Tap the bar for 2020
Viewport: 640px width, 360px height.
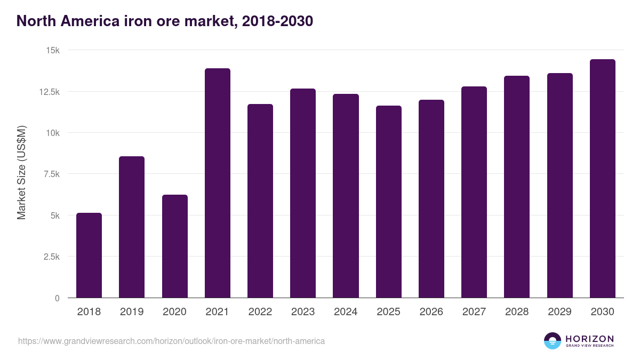(175, 246)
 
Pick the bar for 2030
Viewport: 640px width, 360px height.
(603, 178)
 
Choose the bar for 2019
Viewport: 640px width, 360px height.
(132, 227)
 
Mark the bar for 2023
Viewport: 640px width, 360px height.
(303, 193)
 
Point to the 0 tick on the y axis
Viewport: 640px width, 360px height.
(57, 298)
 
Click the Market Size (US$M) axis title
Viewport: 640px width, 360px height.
(21, 173)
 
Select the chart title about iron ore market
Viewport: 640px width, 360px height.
(165, 21)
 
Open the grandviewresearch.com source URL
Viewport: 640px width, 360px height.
(171, 341)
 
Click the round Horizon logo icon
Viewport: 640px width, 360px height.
(553, 341)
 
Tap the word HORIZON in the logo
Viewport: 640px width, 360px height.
(589, 338)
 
